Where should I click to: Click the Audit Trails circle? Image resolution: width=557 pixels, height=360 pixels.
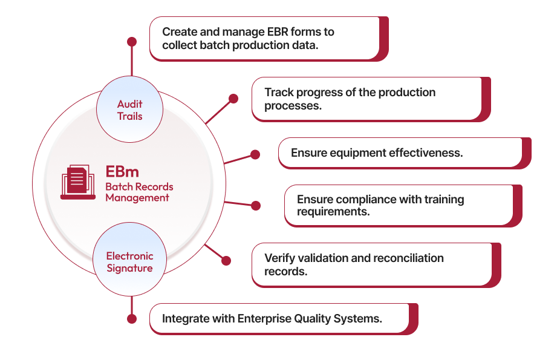[x=129, y=110]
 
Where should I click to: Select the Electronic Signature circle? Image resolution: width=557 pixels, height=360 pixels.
[x=129, y=262]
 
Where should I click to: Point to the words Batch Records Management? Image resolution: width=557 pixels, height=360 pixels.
[x=139, y=192]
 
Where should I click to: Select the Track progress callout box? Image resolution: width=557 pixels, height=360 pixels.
[x=366, y=99]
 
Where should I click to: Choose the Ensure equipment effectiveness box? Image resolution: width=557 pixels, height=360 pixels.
[x=400, y=153]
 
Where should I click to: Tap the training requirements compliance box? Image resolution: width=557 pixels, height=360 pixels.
[x=399, y=206]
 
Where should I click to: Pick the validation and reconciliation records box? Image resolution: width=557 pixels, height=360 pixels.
[x=372, y=264]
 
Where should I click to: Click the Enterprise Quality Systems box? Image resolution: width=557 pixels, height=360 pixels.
[x=279, y=318]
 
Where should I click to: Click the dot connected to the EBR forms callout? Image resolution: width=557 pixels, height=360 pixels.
[x=132, y=42]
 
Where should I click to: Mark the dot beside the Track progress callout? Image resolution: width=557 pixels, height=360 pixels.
[x=233, y=99]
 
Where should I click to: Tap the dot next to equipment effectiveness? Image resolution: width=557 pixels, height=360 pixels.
[x=255, y=154]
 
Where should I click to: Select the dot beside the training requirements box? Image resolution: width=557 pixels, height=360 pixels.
[x=256, y=206]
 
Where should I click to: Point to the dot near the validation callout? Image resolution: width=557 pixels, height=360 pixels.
[x=226, y=261]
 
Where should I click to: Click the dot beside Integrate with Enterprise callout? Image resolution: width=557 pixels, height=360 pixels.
[x=132, y=318]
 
